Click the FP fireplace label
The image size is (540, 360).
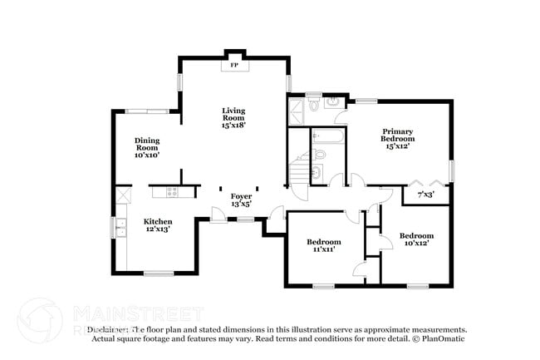234,65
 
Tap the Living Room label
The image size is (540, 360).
233,118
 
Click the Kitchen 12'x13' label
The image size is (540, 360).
158,224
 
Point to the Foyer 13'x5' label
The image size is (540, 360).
241,199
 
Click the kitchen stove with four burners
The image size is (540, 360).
172,191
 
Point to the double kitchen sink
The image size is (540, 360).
121,228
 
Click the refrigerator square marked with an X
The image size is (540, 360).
123,195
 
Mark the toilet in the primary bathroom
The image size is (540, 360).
313,106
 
